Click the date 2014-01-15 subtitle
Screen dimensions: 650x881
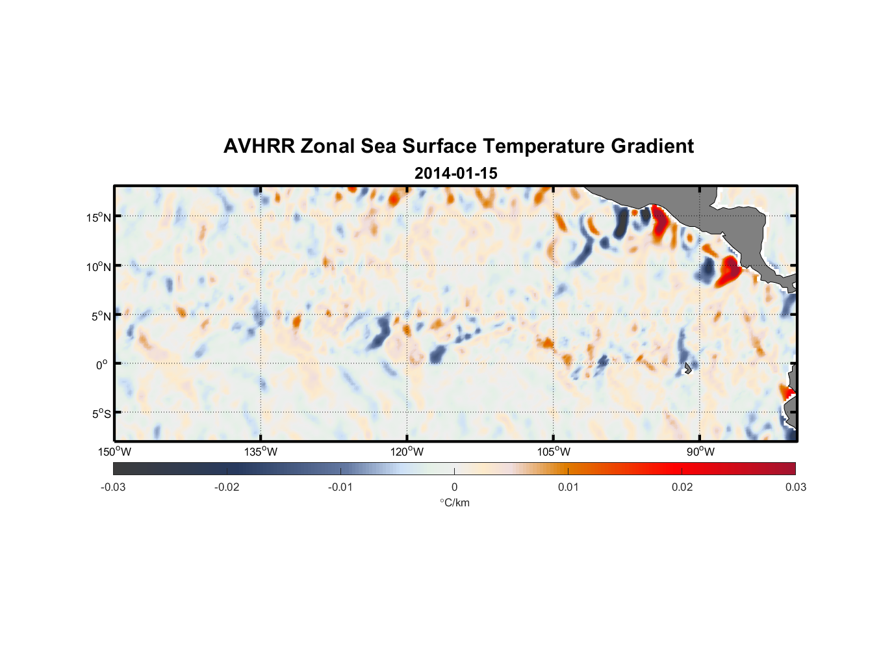click(455, 174)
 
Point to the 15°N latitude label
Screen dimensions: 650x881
click(99, 217)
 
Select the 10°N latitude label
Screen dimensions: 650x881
click(99, 266)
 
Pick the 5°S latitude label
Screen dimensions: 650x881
click(101, 414)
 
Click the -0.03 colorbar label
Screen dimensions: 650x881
click(113, 487)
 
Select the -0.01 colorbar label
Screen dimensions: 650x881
click(340, 487)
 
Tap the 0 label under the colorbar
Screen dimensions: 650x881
click(454, 487)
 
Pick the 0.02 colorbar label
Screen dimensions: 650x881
click(682, 487)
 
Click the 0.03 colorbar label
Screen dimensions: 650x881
click(795, 487)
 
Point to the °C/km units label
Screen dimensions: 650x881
click(454, 503)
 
